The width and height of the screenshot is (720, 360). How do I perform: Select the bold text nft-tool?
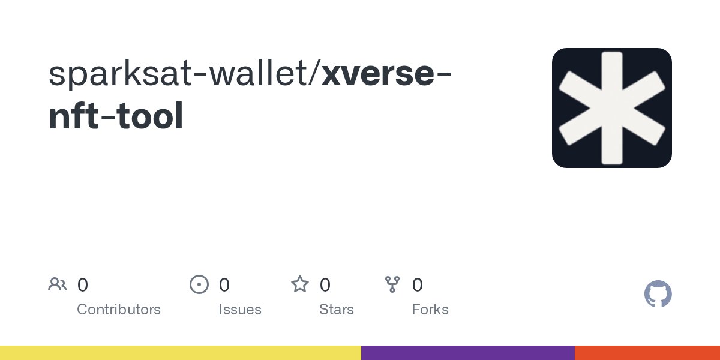coord(116,116)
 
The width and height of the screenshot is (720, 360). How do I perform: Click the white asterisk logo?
coord(611,108)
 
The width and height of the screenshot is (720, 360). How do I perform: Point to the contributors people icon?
coord(58,284)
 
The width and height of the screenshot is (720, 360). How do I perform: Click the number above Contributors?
coord(83,285)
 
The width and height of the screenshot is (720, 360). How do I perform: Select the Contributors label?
coord(119,310)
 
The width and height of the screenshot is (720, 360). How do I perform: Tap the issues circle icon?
coord(199,284)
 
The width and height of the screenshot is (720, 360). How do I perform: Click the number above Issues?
coord(224,285)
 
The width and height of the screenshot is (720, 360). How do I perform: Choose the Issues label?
coord(240,310)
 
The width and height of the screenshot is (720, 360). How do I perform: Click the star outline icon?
coord(300,284)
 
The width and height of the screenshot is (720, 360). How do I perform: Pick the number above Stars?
coord(325,285)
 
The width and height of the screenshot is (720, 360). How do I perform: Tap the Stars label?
coord(337,310)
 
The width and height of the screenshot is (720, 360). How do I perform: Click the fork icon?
coord(392,284)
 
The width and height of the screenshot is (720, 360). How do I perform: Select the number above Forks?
coord(418,285)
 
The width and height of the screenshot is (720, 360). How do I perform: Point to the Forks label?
coord(430,310)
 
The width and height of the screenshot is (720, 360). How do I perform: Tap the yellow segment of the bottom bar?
coord(180,353)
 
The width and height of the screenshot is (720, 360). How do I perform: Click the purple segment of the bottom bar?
coord(468,353)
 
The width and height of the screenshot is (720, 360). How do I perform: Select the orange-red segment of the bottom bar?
coord(647,353)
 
